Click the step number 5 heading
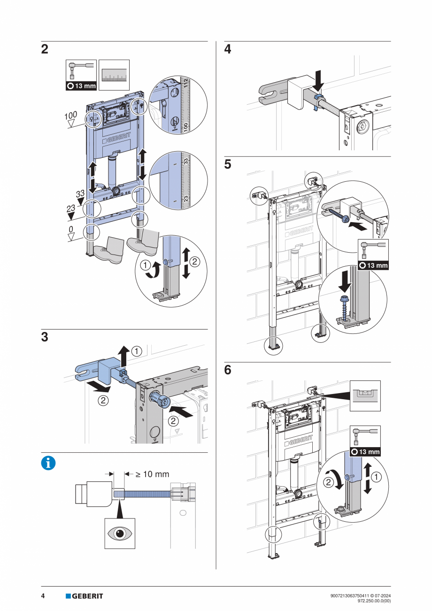click(228, 165)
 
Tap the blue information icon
click(48, 463)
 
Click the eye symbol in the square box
click(119, 534)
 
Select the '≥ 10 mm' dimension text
click(152, 474)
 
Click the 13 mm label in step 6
click(368, 452)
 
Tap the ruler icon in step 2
click(114, 75)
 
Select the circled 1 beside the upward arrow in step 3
click(136, 351)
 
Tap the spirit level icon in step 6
click(365, 395)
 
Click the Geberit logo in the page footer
click(84, 596)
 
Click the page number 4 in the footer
click(43, 596)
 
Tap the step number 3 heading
click(45, 337)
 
